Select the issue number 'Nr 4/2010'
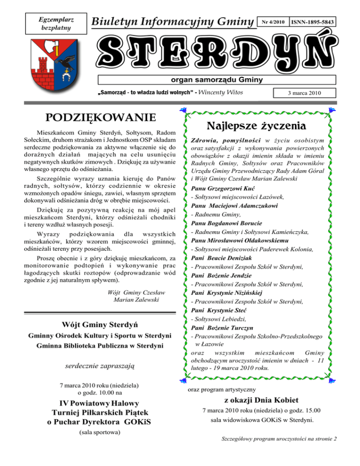point(274,22)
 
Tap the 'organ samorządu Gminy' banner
point(217,79)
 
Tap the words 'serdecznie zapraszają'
point(92,368)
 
